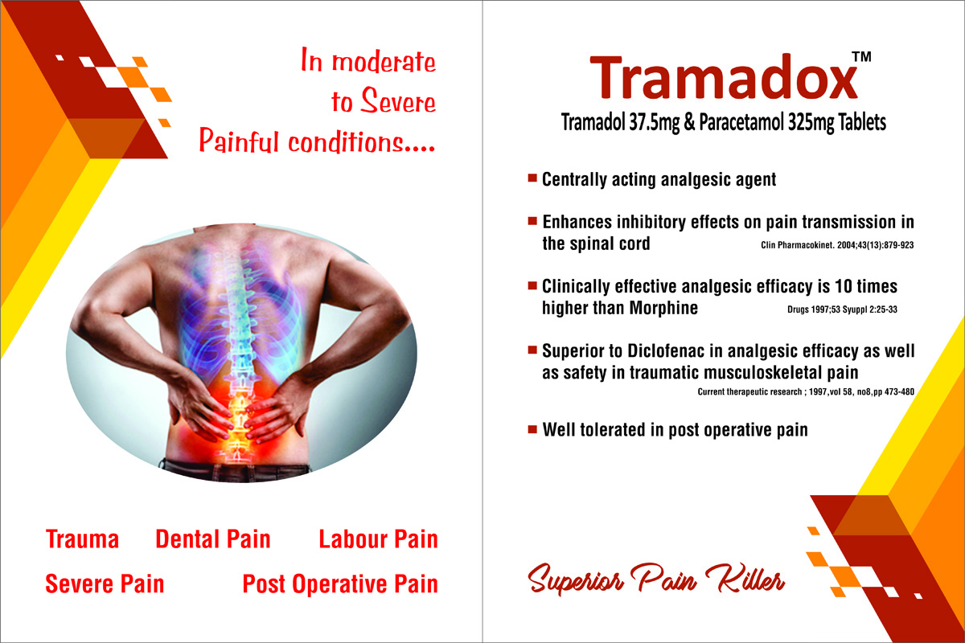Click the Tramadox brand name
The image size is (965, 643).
click(x=724, y=77)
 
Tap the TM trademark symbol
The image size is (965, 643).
click(x=861, y=57)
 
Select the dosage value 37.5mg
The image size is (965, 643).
click(x=655, y=123)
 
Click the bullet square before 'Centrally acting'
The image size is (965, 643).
click(x=532, y=178)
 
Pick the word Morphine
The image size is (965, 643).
click(x=663, y=308)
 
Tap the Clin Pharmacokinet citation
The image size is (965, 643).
click(x=837, y=245)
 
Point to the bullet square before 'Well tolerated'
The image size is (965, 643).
click(x=532, y=429)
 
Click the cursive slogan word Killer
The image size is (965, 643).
click(x=745, y=578)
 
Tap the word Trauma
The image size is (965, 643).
click(x=82, y=539)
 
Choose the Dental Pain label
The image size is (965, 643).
click(x=213, y=539)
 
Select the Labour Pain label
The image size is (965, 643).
click(x=378, y=539)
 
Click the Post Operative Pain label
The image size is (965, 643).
click(x=340, y=584)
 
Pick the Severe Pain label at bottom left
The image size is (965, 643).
click(x=105, y=584)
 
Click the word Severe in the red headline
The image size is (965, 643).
click(x=398, y=100)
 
